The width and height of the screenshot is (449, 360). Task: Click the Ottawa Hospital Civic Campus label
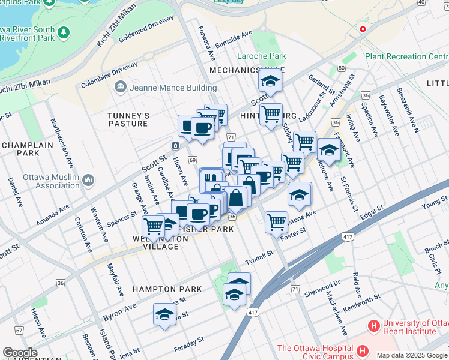[315, 352]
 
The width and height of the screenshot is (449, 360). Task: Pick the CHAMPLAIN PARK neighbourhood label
[28, 149]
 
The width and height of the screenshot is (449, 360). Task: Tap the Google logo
[20, 353]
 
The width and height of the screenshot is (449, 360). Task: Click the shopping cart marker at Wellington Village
[153, 227]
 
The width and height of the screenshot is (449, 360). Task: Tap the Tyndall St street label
[259, 260]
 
